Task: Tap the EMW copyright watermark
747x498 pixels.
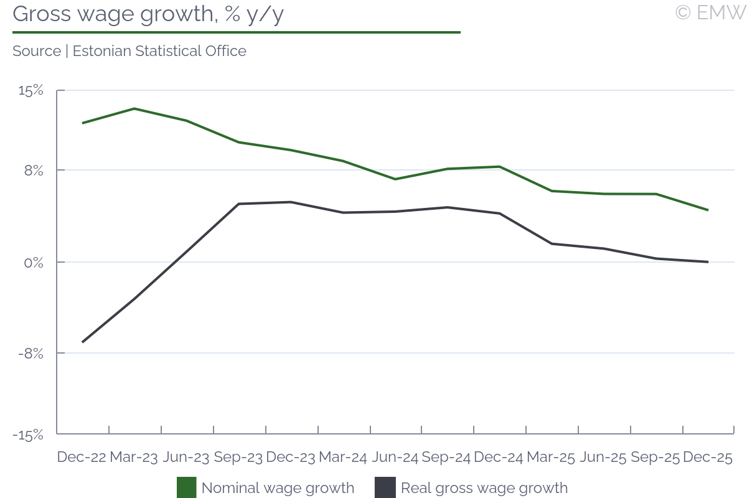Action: pos(710,12)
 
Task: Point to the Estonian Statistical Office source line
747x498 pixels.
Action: pos(129,51)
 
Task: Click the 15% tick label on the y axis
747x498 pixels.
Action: pos(31,91)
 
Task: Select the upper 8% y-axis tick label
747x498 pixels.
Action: pos(34,170)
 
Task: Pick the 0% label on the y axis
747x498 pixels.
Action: pos(34,262)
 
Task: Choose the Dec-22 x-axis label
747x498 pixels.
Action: pos(82,457)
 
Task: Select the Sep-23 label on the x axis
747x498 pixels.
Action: pos(238,457)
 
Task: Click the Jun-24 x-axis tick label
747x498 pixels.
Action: pos(395,457)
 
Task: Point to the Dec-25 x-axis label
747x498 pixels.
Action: pos(708,457)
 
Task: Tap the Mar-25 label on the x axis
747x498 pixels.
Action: pos(551,457)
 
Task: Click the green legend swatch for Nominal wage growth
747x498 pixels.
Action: pos(187,487)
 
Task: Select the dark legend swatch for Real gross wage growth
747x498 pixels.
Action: pos(385,487)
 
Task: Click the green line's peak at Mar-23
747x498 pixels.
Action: pos(134,109)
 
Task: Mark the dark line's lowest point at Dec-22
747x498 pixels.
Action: pos(82,342)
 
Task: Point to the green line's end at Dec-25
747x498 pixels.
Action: pos(708,210)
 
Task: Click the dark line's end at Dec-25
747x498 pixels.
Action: pos(708,262)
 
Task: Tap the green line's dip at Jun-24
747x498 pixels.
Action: pos(395,179)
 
